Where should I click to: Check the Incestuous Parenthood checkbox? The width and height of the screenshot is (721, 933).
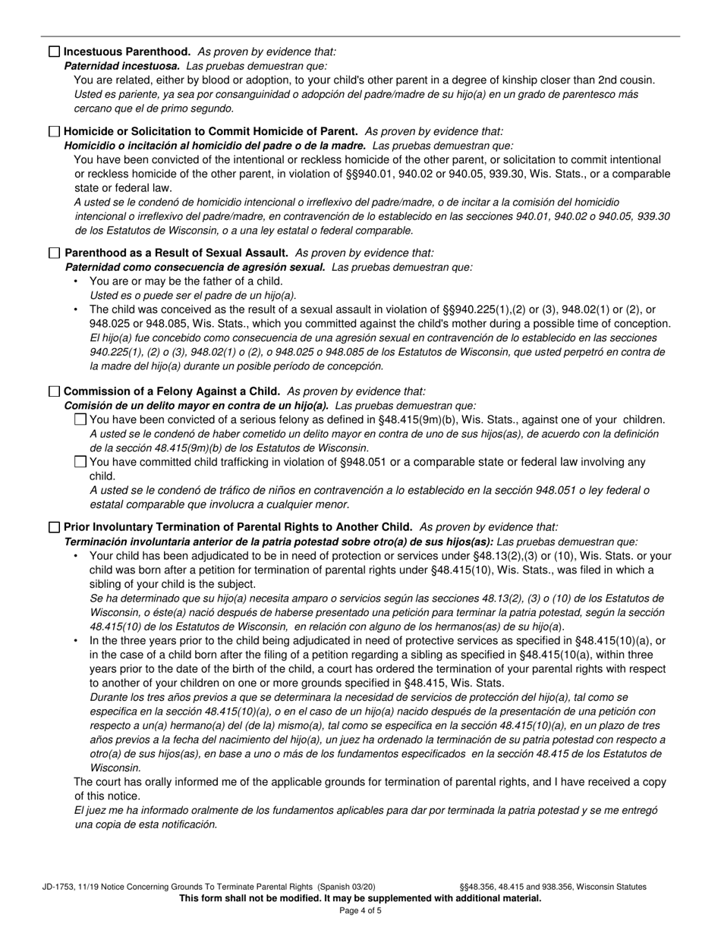pyautogui.click(x=54, y=52)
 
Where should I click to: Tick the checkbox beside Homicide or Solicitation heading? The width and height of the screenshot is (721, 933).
pyautogui.click(x=54, y=131)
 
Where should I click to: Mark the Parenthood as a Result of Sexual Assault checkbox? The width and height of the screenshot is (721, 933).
pyautogui.click(x=54, y=253)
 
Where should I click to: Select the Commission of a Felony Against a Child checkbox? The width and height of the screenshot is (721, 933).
pyautogui.click(x=54, y=391)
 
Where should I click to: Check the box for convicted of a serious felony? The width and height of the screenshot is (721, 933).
pyautogui.click(x=80, y=419)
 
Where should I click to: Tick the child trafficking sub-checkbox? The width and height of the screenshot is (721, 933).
pyautogui.click(x=80, y=461)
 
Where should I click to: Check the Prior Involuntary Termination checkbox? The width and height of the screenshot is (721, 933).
pyautogui.click(x=54, y=526)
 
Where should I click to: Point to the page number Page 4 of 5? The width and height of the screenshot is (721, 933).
pyautogui.click(x=360, y=910)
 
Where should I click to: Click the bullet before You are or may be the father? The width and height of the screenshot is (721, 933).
pyautogui.click(x=76, y=281)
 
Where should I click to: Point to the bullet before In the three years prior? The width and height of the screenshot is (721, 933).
pyautogui.click(x=76, y=641)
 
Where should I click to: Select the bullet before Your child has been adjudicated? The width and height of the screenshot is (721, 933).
pyautogui.click(x=76, y=556)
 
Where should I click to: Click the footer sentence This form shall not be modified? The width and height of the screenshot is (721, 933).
pyautogui.click(x=360, y=898)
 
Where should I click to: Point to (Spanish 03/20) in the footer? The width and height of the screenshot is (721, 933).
pyautogui.click(x=346, y=886)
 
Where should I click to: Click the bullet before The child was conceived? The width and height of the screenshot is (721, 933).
pyautogui.click(x=76, y=309)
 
